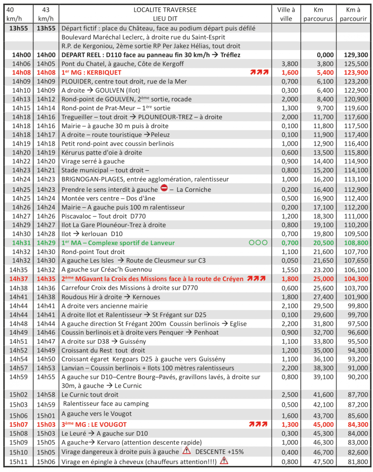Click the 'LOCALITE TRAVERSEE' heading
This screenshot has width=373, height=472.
pos(165,10)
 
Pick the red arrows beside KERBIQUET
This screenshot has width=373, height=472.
pos(259,72)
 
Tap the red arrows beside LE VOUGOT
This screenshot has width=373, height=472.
pos(259,424)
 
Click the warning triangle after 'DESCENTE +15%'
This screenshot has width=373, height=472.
pos(186,451)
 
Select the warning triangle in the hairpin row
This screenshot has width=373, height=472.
pos(224,460)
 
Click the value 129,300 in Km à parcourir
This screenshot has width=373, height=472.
pos(355,54)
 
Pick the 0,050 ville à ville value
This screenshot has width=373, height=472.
pos(289,260)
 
